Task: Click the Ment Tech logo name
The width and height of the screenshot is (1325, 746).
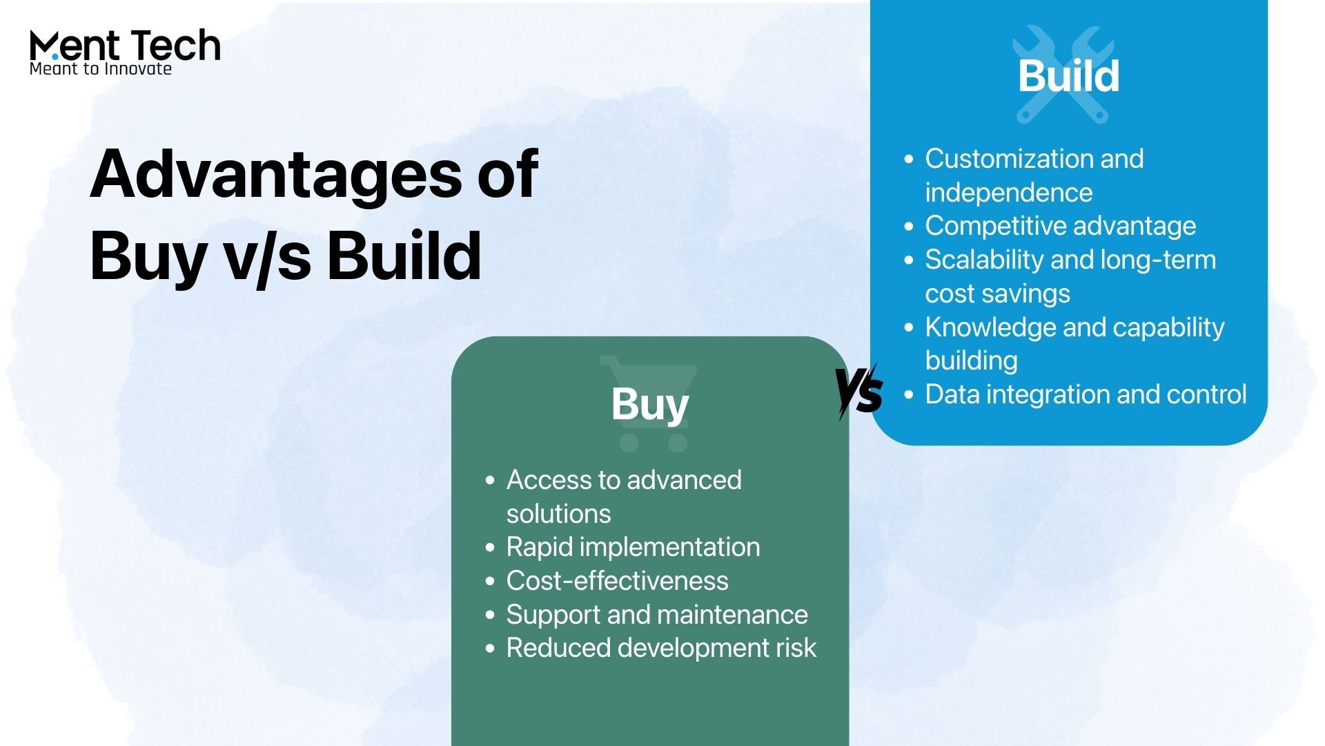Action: pos(125,46)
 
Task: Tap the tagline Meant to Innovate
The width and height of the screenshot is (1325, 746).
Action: pos(101,68)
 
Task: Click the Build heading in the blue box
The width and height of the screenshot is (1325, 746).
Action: pos(1068,75)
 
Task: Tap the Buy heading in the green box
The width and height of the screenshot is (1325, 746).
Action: pos(649,403)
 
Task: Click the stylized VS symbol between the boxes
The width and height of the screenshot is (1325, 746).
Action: pos(858,391)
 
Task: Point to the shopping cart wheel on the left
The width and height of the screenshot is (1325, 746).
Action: pos(628,443)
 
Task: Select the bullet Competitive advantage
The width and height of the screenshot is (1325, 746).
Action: pos(1060,226)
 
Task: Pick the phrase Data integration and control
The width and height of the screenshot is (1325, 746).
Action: pos(1086,394)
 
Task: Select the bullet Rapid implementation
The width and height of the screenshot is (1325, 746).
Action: pos(633,547)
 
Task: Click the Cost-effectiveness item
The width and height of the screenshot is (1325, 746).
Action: pos(617,581)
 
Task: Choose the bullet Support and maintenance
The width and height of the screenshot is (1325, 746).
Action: pos(656,615)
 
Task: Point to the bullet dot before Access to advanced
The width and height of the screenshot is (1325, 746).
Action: pos(490,480)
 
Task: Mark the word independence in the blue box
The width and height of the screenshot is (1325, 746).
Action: pos(1008,193)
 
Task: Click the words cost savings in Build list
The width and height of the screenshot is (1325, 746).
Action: pos(997,294)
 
